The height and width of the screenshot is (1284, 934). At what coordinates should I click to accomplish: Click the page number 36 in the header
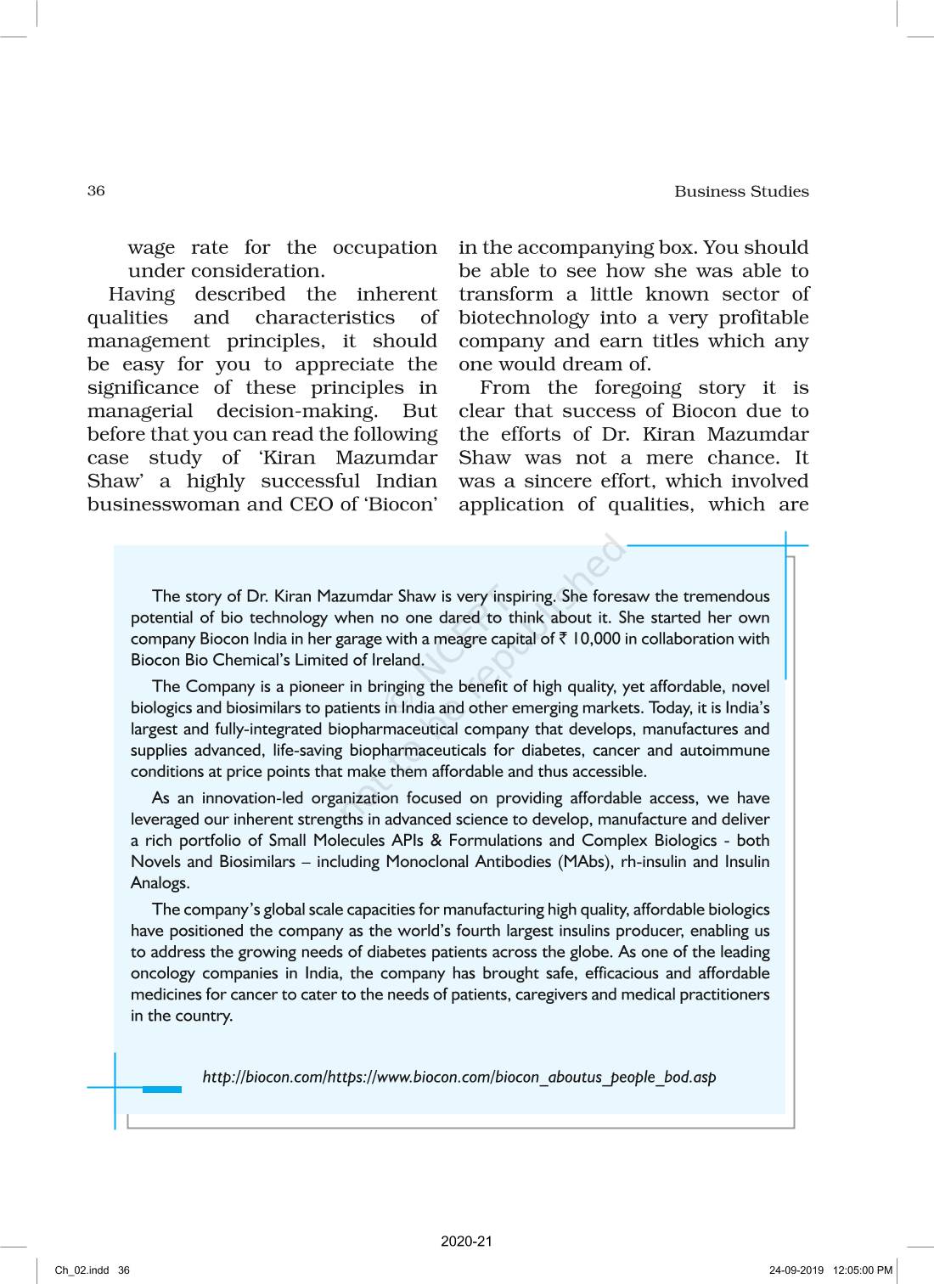tap(96, 190)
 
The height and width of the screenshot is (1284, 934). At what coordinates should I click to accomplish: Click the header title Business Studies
tap(741, 191)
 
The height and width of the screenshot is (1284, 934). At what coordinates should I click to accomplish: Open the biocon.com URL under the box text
tap(459, 1077)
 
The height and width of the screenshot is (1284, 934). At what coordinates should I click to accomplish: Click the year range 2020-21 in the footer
tap(466, 1242)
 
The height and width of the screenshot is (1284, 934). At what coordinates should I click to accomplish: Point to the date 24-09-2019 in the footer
tap(796, 1270)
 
